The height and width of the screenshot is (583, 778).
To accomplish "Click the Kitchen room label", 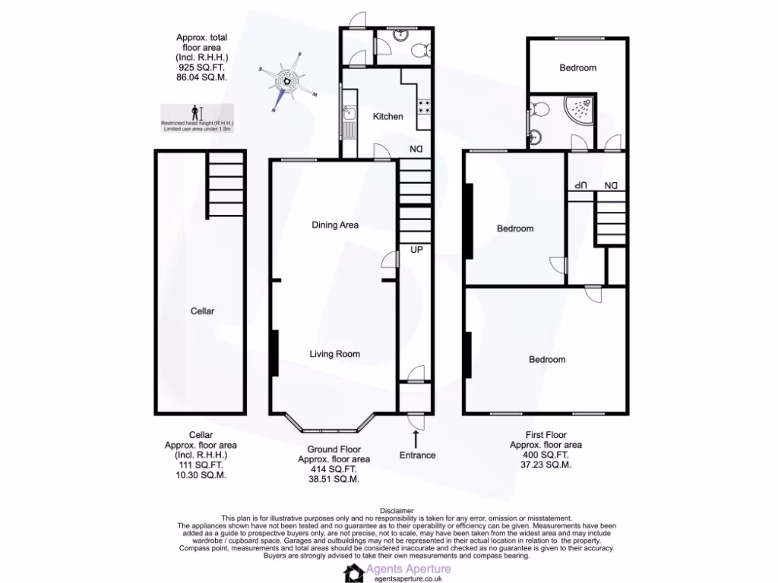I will coord(387,116).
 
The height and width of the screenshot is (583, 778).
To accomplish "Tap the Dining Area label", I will coord(335,225).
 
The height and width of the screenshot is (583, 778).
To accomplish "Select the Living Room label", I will coord(335,354).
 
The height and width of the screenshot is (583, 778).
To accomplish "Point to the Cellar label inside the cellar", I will coord(203,311).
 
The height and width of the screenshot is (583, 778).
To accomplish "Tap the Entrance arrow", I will coord(416,438).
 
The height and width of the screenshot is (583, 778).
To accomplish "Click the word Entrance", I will coord(418,455).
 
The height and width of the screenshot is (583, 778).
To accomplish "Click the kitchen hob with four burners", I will coord(423,107).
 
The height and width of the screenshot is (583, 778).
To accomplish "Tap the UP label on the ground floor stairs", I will coord(416,249).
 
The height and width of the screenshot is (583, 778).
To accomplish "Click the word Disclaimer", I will coord(395,511).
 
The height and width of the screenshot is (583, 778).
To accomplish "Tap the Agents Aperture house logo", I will coord(354,572).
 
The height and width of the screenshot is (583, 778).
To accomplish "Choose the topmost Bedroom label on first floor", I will coord(577,68).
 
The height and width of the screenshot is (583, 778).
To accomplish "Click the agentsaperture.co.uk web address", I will coord(409,578).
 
